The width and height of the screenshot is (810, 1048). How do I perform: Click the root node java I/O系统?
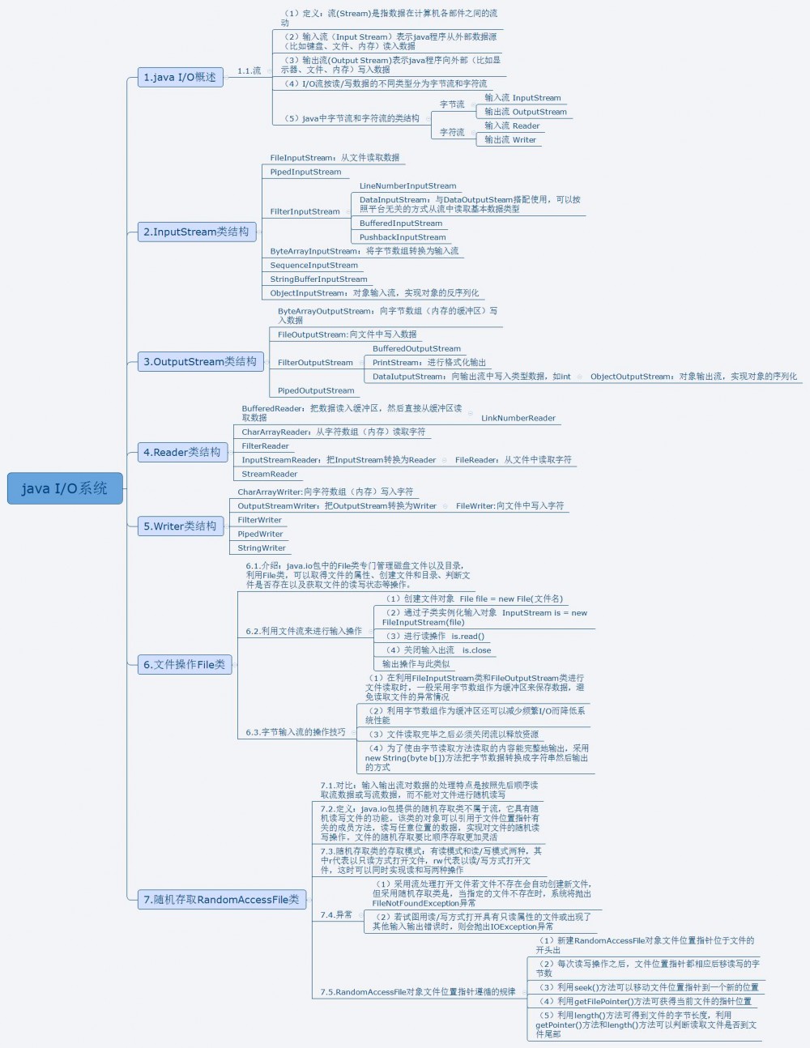click(x=64, y=488)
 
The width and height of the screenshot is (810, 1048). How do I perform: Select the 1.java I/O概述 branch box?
click(x=179, y=77)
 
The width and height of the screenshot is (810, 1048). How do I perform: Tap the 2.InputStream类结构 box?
click(x=196, y=232)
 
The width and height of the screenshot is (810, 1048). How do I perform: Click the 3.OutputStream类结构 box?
click(x=199, y=361)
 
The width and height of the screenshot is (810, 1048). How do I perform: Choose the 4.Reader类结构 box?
click(x=181, y=452)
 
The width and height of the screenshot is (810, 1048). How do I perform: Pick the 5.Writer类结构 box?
click(x=180, y=526)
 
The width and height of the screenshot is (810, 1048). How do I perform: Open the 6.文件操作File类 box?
click(x=184, y=664)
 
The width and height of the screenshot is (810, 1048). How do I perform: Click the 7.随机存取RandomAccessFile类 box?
click(x=221, y=899)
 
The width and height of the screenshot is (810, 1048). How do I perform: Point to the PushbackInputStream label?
click(x=403, y=237)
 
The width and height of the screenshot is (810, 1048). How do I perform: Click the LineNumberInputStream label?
click(x=407, y=185)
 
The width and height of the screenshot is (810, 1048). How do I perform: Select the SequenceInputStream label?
click(x=313, y=265)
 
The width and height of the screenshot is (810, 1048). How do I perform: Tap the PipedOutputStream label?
click(x=316, y=390)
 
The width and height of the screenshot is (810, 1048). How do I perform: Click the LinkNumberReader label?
click(x=518, y=418)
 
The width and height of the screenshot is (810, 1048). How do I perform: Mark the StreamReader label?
click(x=270, y=474)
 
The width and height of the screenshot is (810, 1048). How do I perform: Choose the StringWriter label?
click(x=262, y=547)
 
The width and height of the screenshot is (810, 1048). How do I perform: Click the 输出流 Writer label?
click(x=510, y=139)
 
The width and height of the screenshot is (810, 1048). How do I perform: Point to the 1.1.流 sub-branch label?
click(x=249, y=70)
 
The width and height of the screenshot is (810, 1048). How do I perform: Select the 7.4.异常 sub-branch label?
click(x=336, y=914)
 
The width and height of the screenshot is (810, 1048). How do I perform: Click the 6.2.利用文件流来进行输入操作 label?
click(x=304, y=631)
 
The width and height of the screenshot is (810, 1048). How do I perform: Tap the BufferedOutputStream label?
click(x=416, y=348)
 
